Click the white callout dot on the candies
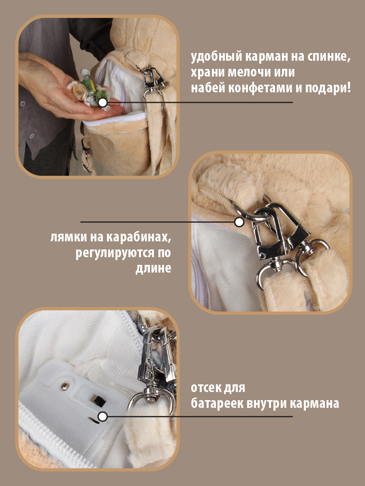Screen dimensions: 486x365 click(103, 102)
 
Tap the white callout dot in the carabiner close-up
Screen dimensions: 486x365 click(239, 222)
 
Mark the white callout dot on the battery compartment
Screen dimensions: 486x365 click(103, 416)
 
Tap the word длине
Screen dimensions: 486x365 click(153, 269)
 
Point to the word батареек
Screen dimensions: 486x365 click(217, 403)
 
